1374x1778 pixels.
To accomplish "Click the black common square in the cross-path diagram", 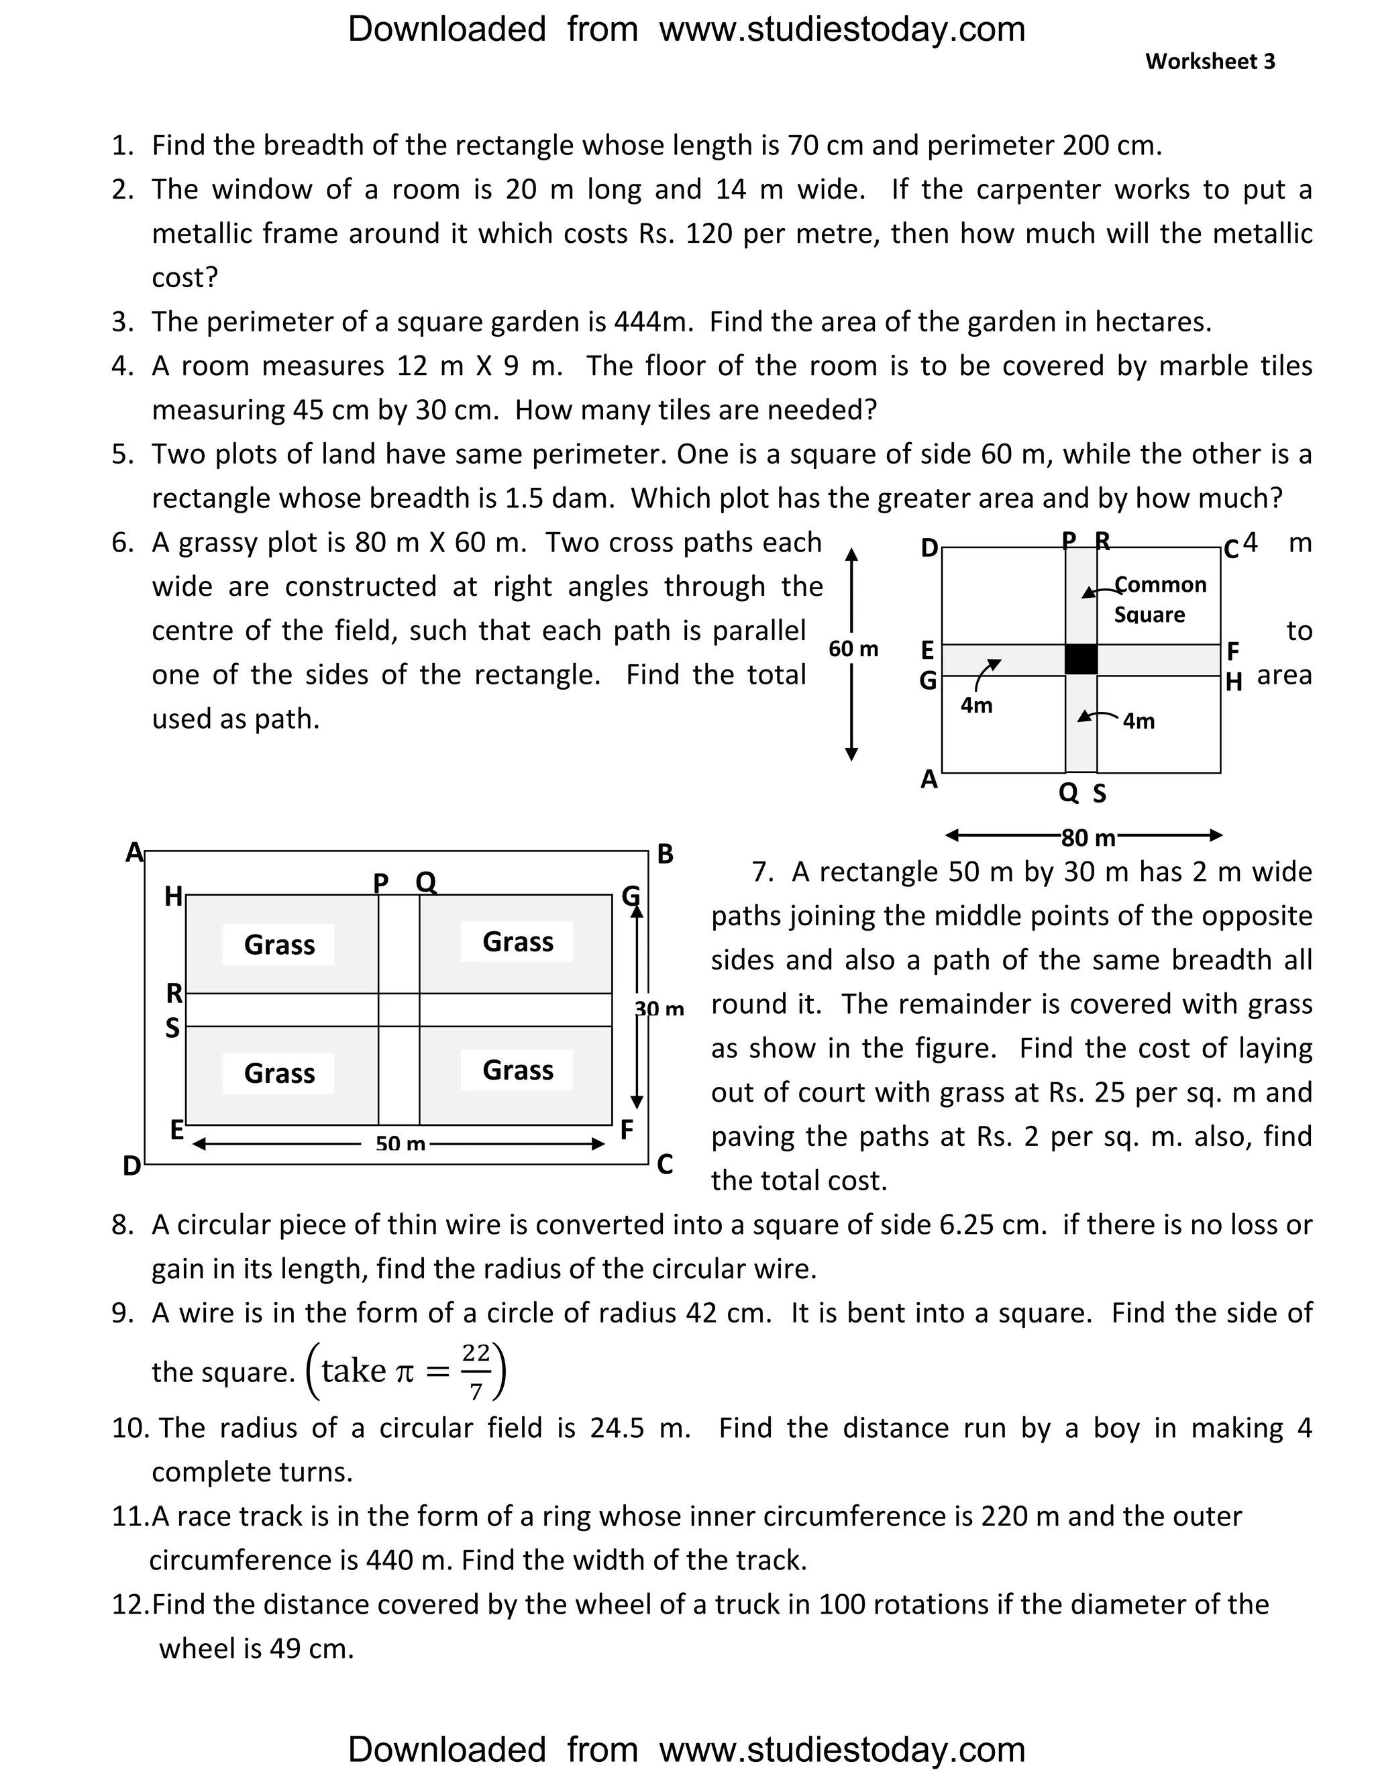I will pyautogui.click(x=1081, y=660).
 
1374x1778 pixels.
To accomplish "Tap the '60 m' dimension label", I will pyautogui.click(x=853, y=649).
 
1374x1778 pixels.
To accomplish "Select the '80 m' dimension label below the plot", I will pyautogui.click(x=1088, y=838).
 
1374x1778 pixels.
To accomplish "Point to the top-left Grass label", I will pyautogui.click(x=279, y=945).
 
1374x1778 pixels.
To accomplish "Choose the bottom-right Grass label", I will pyautogui.click(x=518, y=1069).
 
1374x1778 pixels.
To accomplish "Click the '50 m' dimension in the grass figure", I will pyautogui.click(x=401, y=1144).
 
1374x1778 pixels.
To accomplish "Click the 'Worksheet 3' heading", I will pyautogui.click(x=1210, y=62).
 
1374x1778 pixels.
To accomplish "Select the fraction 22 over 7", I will pyautogui.click(x=476, y=1372).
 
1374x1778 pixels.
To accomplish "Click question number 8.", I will pyautogui.click(x=122, y=1225).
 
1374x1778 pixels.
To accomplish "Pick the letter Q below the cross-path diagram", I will pyautogui.click(x=1068, y=792).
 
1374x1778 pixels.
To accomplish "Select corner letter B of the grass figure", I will pyautogui.click(x=665, y=854).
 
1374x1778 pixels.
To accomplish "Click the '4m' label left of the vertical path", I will pyautogui.click(x=976, y=705).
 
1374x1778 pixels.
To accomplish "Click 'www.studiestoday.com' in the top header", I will pyautogui.click(x=842, y=30).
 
